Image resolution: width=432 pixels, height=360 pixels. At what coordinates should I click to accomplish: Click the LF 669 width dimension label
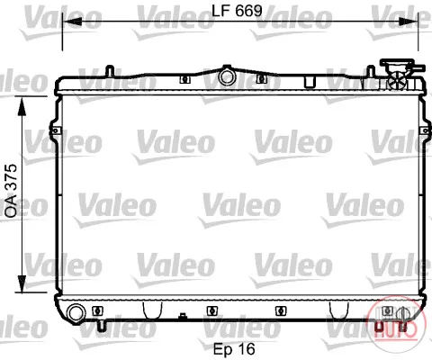pos(237,11)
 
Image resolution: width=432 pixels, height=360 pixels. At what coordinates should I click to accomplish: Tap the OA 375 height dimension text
pos(12,191)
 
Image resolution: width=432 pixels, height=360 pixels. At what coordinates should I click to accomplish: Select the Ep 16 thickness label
pos(234,349)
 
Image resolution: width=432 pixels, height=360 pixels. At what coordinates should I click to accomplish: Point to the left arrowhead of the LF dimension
pos(72,22)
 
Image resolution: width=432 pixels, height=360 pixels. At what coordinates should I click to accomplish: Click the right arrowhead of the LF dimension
pos(409,22)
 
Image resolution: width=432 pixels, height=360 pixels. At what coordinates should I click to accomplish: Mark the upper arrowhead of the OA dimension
pos(22,106)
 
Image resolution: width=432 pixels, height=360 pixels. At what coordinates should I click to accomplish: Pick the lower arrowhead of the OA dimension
pos(22,283)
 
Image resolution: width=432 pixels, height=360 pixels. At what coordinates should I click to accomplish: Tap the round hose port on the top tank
pos(227,76)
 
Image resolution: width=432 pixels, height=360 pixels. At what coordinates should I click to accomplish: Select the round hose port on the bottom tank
pos(76,313)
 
